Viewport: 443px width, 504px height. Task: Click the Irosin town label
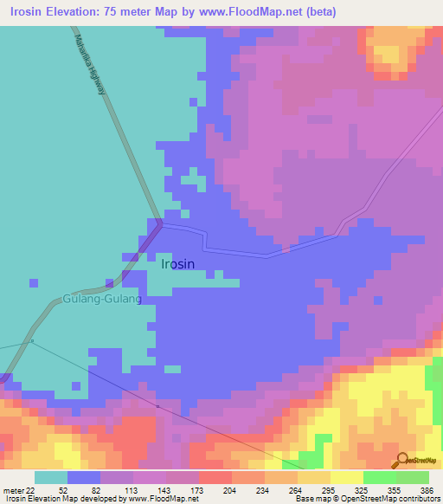click(x=178, y=264)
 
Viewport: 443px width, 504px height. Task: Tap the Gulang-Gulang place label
click(x=101, y=299)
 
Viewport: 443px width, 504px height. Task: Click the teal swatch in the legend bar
click(x=50, y=477)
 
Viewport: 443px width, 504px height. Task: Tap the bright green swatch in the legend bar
click(x=380, y=477)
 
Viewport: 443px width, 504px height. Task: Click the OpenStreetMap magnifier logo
click(x=402, y=460)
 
